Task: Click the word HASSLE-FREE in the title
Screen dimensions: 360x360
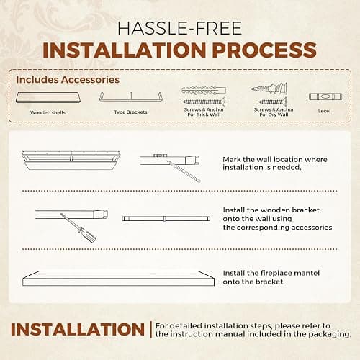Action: pyautogui.click(x=179, y=28)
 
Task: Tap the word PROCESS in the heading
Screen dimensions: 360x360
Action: pyautogui.click(x=264, y=50)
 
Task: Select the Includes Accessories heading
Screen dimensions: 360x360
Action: pyautogui.click(x=68, y=80)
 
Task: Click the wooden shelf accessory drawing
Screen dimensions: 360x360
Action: pyautogui.click(x=48, y=97)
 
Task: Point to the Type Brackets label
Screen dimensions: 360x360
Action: pyautogui.click(x=130, y=112)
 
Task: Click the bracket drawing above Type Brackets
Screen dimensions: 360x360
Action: pyautogui.click(x=131, y=97)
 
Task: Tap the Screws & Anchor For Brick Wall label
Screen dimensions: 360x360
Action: pyautogui.click(x=204, y=112)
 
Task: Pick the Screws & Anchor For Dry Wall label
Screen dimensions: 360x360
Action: pyautogui.click(x=274, y=112)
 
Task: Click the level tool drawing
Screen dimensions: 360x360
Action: pyautogui.click(x=325, y=96)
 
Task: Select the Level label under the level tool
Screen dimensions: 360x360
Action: pyautogui.click(x=325, y=111)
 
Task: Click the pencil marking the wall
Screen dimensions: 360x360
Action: pyautogui.click(x=184, y=171)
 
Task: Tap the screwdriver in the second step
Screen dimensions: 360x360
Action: pyautogui.click(x=78, y=228)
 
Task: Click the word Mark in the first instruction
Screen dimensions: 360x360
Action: pyautogui.click(x=232, y=159)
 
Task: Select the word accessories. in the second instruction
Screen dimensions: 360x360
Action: pyautogui.click(x=312, y=228)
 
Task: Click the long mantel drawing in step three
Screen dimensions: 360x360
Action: pyautogui.click(x=118, y=279)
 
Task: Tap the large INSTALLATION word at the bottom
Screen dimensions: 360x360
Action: pyautogui.click(x=78, y=329)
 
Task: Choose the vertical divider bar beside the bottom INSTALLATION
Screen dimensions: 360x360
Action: pyautogui.click(x=150, y=330)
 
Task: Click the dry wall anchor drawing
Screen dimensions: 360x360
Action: pyautogui.click(x=270, y=89)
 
